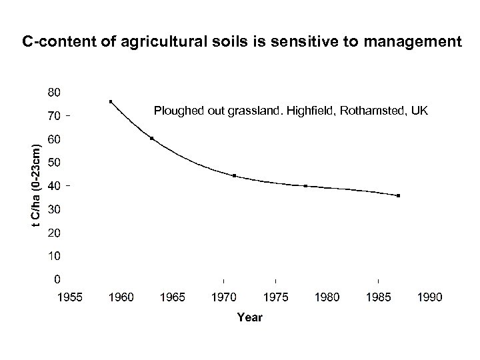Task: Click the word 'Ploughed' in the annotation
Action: pyautogui.click(x=176, y=109)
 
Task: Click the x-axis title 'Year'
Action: pyautogui.click(x=249, y=317)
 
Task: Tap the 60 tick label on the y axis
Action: pyautogui.click(x=55, y=139)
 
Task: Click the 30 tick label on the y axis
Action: pyautogui.click(x=55, y=209)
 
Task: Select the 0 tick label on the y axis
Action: pyautogui.click(x=59, y=279)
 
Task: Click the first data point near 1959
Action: pyautogui.click(x=111, y=101)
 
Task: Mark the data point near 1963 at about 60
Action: pyautogui.click(x=152, y=138)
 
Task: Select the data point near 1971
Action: pyautogui.click(x=234, y=175)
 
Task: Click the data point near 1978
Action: pyautogui.click(x=305, y=186)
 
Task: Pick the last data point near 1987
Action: pyautogui.click(x=398, y=195)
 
